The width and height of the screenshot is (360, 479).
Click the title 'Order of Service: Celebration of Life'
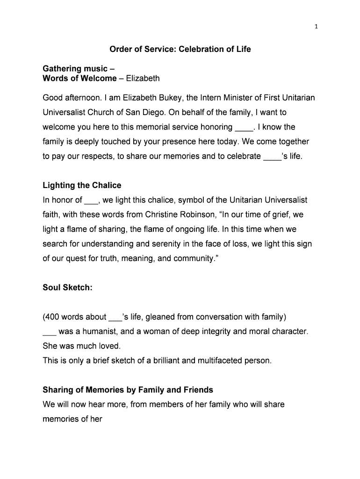(x=180, y=49)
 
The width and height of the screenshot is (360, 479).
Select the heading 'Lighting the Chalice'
(x=82, y=186)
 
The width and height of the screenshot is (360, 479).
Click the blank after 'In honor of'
(x=90, y=201)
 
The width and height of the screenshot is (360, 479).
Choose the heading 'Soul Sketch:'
(x=67, y=288)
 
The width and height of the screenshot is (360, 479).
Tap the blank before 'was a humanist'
(x=49, y=332)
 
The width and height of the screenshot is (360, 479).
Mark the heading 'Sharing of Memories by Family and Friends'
(x=128, y=390)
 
